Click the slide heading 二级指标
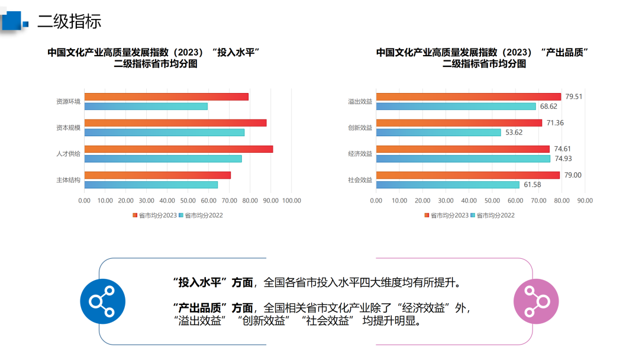tap(69, 21)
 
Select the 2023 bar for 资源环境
tap(166, 97)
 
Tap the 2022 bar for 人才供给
tap(163, 159)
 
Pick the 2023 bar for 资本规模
tap(175, 123)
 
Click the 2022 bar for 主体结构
tap(151, 185)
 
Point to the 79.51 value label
tap(574, 97)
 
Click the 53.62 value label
tap(514, 133)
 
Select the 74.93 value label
tap(563, 159)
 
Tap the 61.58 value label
tap(532, 185)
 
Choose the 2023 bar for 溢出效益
tap(468, 97)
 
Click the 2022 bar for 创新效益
tap(438, 133)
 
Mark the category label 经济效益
tap(360, 154)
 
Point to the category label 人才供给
tap(68, 154)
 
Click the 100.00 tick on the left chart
tap(291, 201)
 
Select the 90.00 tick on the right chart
tap(585, 201)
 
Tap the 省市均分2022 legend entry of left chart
tap(201, 216)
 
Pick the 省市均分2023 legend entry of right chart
tap(447, 216)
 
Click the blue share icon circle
tap(103, 301)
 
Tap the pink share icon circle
tap(536, 301)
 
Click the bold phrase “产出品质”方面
tap(213, 308)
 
